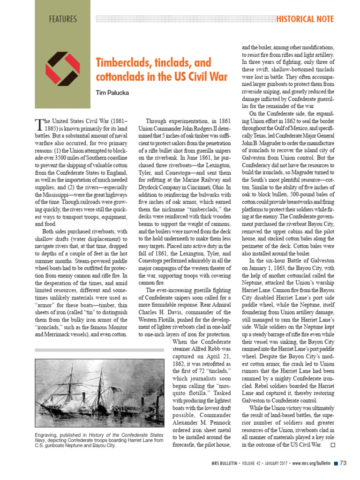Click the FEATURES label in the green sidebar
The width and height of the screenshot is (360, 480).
tap(62, 19)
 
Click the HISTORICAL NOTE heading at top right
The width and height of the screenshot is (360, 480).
tap(305, 19)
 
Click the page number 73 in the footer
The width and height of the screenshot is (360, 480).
tap(343, 464)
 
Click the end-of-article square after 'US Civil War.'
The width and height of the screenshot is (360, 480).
tap(333, 444)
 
